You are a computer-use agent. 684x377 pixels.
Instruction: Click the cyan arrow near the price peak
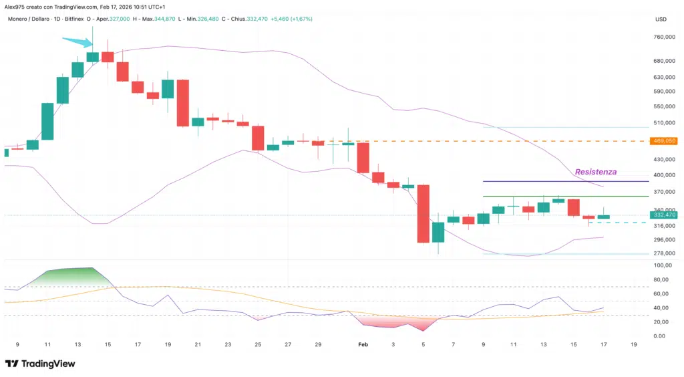pyautogui.click(x=77, y=42)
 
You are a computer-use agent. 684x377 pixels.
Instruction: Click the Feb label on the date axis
pyautogui.click(x=363, y=344)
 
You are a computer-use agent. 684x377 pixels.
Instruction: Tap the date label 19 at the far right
pyautogui.click(x=633, y=344)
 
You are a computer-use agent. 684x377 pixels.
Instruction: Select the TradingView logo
pyautogui.click(x=40, y=364)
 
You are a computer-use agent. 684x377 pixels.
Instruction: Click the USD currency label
pyautogui.click(x=661, y=19)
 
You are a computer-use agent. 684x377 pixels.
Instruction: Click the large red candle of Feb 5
pyautogui.click(x=423, y=213)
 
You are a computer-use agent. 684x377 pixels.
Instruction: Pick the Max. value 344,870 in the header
pyautogui.click(x=164, y=19)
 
